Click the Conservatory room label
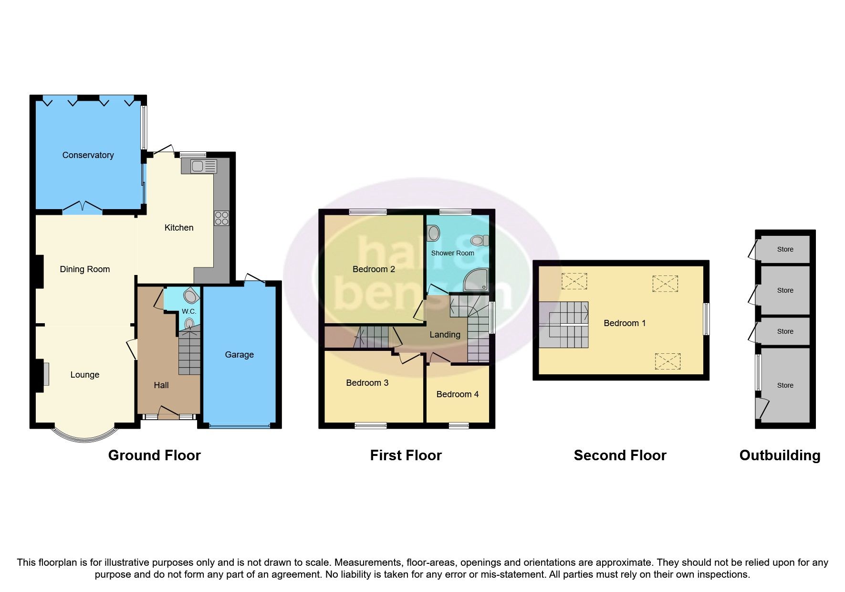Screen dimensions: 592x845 click(88, 155)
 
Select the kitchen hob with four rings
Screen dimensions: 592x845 click(221, 218)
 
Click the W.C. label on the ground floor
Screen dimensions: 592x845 click(189, 311)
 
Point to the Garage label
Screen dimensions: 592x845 click(239, 355)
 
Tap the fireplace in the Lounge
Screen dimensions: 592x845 click(46, 374)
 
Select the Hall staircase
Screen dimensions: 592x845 click(189, 354)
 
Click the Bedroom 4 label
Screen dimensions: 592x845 click(457, 394)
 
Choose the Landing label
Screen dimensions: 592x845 click(445, 335)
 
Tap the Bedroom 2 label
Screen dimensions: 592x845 click(374, 269)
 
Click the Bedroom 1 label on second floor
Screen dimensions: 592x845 click(625, 323)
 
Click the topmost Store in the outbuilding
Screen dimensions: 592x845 click(785, 249)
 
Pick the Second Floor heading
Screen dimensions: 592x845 click(620, 455)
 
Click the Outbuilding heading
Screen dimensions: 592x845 click(780, 455)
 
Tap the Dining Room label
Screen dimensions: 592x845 click(85, 269)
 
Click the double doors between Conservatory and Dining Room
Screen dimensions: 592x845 click(83, 207)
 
